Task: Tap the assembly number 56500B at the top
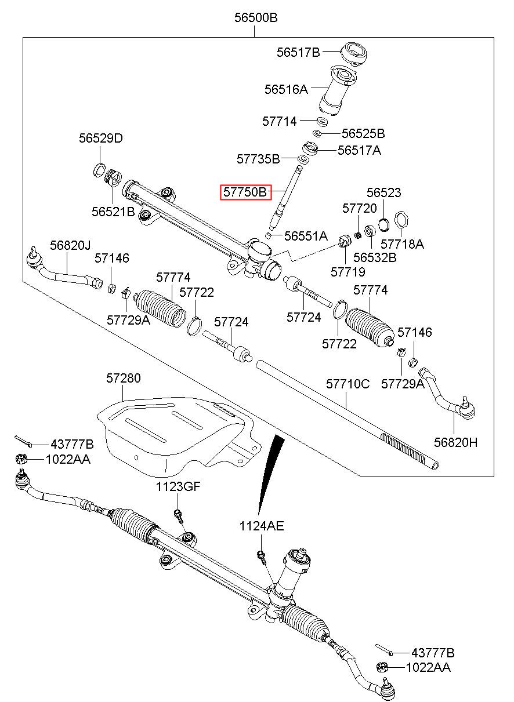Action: (256, 18)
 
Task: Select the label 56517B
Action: (298, 52)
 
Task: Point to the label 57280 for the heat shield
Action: (123, 379)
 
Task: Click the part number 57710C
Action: (348, 384)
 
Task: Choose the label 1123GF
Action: (178, 487)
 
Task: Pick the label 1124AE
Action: (262, 526)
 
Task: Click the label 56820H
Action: (456, 443)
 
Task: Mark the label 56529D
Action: (101, 139)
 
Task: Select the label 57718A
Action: (403, 245)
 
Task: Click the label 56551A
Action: (306, 236)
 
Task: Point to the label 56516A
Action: (286, 90)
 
